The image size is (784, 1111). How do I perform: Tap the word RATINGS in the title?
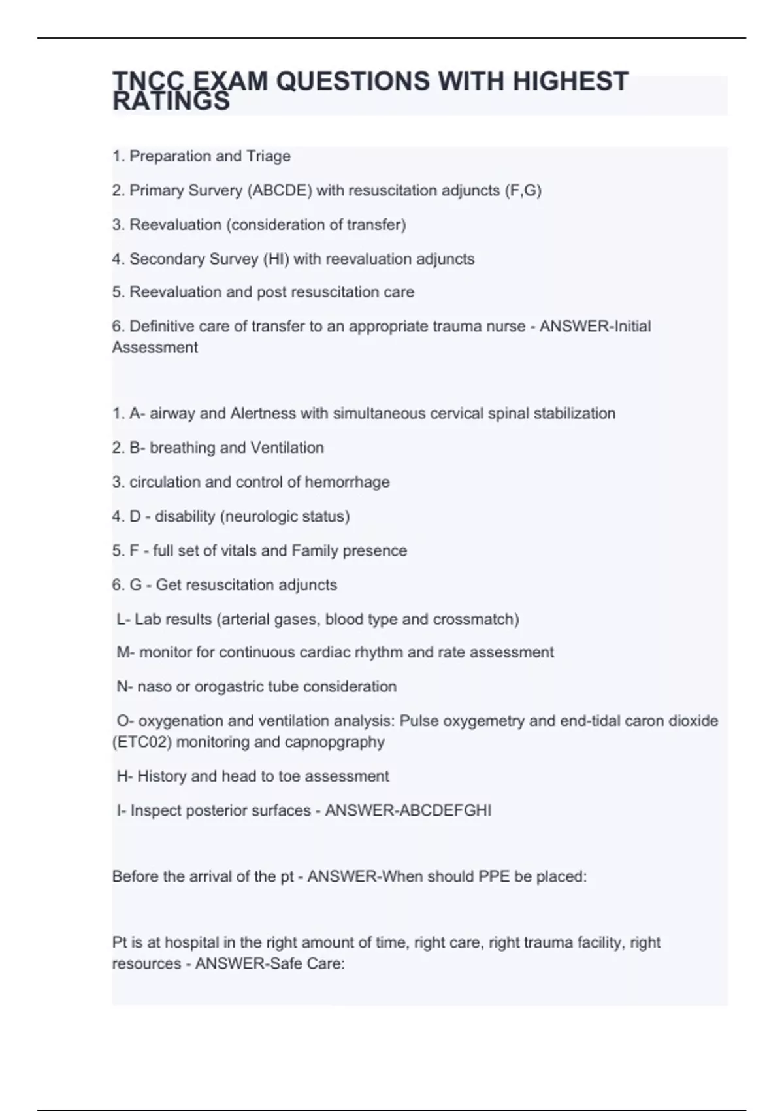click(171, 102)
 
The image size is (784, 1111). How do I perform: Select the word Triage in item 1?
click(268, 156)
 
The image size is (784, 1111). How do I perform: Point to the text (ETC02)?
click(142, 742)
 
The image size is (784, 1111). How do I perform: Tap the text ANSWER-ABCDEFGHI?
click(408, 810)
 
